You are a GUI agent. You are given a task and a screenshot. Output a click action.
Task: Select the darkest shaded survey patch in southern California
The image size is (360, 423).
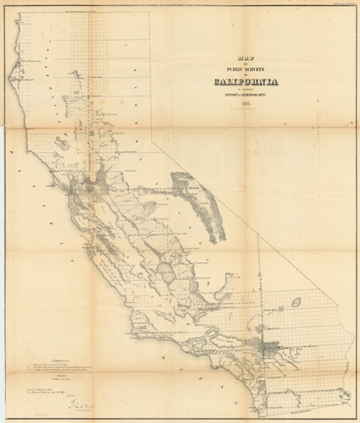pos(269,347)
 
